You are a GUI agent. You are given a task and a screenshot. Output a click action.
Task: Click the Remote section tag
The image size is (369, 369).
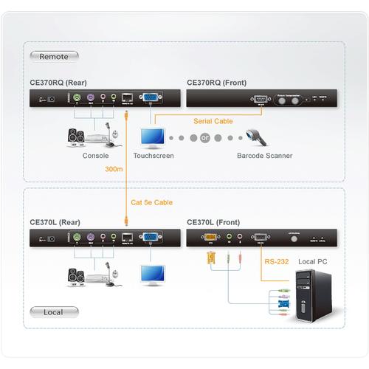[54, 56]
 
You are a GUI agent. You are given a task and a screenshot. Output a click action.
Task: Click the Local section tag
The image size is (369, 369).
[54, 311]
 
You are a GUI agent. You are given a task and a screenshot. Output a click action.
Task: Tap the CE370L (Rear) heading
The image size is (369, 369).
[61, 221]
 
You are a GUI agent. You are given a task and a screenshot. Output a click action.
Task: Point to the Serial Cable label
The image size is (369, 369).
[214, 121]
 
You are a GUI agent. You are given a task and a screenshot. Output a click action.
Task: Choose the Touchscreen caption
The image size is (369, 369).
[153, 156]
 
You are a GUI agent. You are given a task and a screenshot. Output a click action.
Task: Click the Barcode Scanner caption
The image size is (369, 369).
[264, 156]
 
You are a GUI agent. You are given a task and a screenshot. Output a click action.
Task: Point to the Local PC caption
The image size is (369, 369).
[313, 261]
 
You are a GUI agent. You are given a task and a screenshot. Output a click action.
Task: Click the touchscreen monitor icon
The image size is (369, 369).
[154, 137]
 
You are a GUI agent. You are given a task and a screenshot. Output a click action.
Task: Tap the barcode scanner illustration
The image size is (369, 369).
[258, 137]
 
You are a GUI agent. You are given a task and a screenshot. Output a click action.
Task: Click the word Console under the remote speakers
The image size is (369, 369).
[96, 156]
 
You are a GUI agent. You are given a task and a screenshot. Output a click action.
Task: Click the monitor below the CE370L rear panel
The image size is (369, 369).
[154, 274]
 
